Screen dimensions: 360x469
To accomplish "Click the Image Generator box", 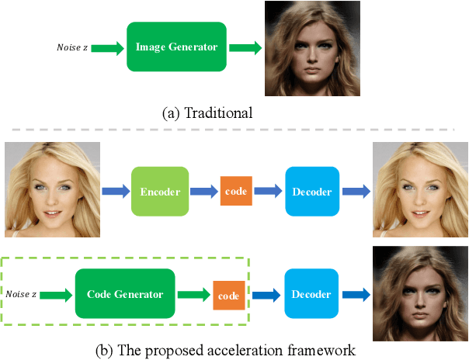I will click(177, 47).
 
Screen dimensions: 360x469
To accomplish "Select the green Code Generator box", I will click(124, 294).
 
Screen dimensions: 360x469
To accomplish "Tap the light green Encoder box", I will click(160, 190).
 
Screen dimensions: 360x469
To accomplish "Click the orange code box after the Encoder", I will click(236, 191).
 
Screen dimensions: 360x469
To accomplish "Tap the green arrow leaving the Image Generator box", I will click(245, 48).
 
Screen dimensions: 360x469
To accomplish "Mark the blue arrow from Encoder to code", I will click(203, 191).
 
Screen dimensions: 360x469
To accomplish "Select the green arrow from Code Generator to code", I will click(194, 295).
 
